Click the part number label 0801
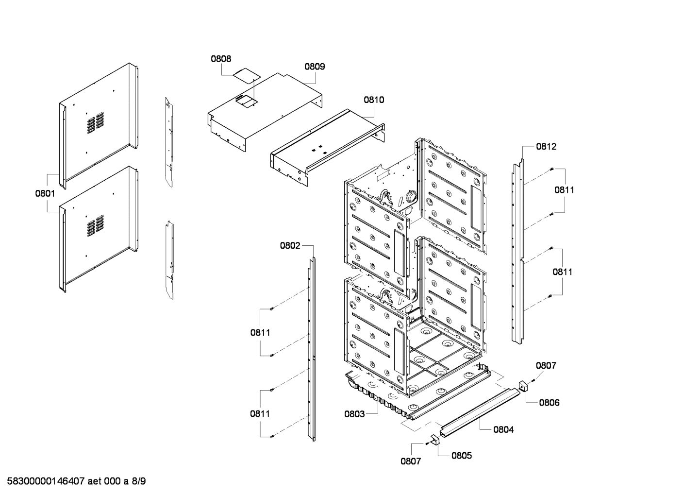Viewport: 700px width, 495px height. (45, 193)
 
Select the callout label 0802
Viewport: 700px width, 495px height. (290, 246)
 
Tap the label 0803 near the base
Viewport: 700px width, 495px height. (354, 414)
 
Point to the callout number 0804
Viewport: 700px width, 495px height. (503, 429)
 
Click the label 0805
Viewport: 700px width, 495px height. (462, 456)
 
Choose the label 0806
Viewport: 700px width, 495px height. (549, 402)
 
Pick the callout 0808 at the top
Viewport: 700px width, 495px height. (221, 59)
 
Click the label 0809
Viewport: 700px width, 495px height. (315, 67)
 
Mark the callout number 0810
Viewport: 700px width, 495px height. (374, 100)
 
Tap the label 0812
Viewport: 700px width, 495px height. (546, 146)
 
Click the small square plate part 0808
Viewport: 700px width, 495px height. (246, 75)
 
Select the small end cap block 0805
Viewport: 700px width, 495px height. (434, 439)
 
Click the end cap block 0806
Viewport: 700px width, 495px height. (523, 386)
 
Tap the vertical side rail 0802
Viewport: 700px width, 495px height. (311, 350)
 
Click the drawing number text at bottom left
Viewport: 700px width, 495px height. (74, 482)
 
